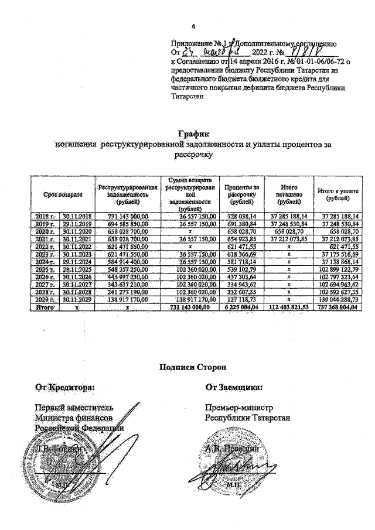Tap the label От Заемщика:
(x=233, y=387)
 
